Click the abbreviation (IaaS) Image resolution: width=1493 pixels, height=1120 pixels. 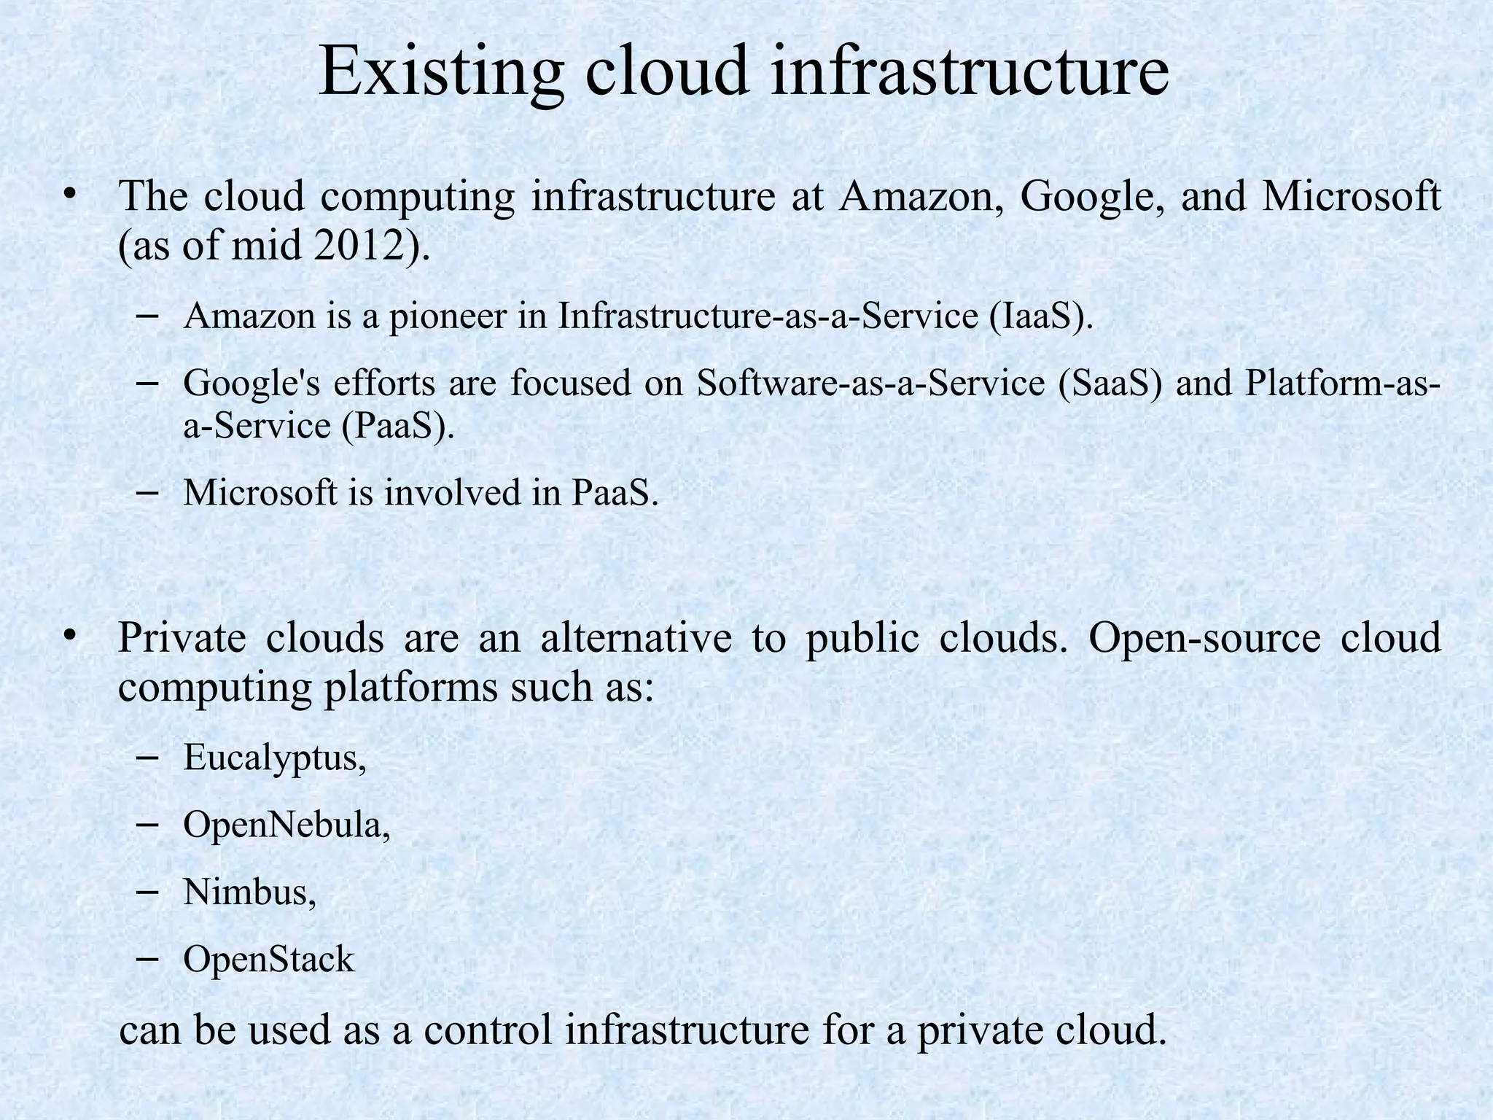point(1041,316)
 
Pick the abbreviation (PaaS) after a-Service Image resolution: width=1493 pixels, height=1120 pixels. point(398,426)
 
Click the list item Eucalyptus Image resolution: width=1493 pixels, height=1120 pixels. point(274,758)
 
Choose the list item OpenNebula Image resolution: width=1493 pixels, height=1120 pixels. point(286,825)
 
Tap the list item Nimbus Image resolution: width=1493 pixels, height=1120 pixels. point(250,892)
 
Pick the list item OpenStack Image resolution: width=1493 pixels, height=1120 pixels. point(268,960)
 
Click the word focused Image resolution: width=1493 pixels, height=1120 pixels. point(569,383)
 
